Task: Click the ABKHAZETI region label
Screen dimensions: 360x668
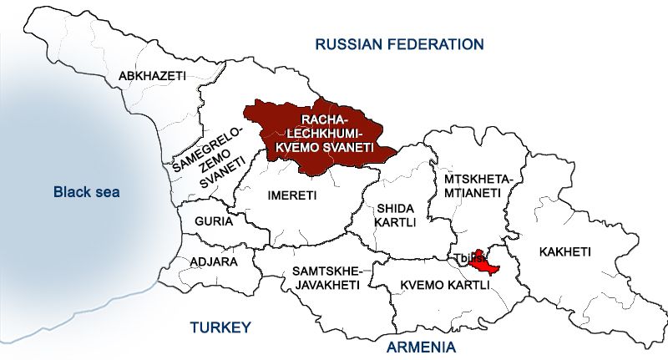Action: pos(152,76)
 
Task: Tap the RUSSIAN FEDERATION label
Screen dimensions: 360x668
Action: pos(399,43)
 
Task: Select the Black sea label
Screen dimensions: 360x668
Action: pos(86,192)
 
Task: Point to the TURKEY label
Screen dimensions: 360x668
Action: pos(220,327)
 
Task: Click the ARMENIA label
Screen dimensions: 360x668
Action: pos(421,346)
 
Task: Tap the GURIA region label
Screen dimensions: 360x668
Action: pos(213,223)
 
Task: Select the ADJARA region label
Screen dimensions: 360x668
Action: pos(215,261)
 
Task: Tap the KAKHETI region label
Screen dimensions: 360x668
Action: pos(565,251)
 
